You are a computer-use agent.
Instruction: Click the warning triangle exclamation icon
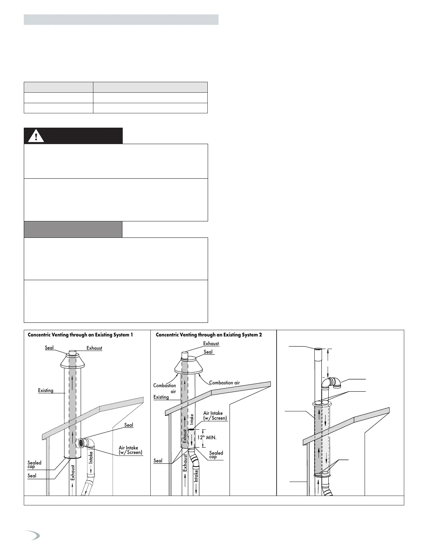pos(36,136)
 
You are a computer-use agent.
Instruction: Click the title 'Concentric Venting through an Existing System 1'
pos(80,335)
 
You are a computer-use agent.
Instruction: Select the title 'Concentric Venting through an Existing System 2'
pos(209,335)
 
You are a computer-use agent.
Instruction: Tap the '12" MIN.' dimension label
pos(207,437)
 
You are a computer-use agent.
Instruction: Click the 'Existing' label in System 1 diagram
pos(46,390)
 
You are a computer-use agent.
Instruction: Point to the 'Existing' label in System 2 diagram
pos(161,397)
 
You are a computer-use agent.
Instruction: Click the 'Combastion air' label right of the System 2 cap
pos(224,383)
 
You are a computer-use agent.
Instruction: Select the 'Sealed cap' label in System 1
pos(34,464)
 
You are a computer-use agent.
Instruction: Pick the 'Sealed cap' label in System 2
pos(216,455)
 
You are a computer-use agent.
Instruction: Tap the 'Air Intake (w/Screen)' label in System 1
pos(130,450)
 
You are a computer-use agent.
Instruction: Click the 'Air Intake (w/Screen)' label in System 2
pos(215,415)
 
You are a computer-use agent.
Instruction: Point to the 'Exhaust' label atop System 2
pos(211,343)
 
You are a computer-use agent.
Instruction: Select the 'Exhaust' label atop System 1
pos(94,348)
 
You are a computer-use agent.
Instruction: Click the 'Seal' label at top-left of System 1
pos(49,348)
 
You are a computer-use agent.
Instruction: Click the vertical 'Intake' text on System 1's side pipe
pos(91,457)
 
